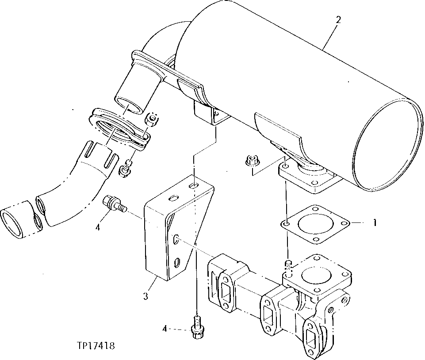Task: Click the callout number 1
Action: (375, 223)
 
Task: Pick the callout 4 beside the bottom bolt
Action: (165, 329)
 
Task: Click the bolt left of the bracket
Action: (114, 204)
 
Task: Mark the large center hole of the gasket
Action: (315, 224)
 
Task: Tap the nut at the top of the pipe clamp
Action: (151, 119)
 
